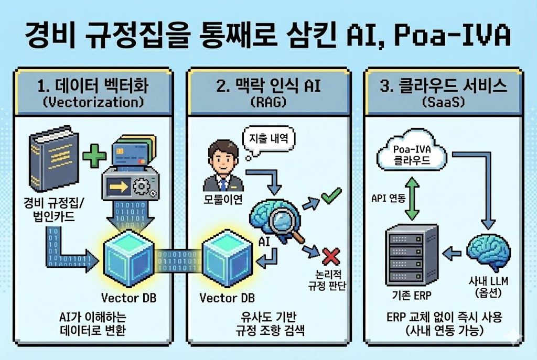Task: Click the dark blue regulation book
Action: (50, 160)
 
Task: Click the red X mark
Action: (331, 257)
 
